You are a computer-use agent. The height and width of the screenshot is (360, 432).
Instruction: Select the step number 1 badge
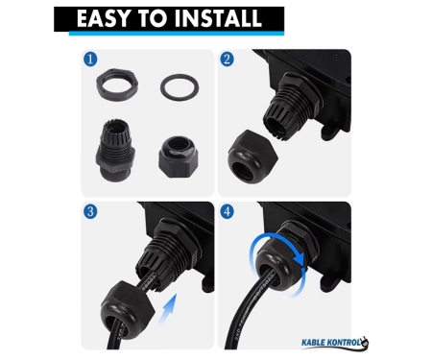(x=90, y=60)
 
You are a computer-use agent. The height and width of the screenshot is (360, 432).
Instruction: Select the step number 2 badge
(x=227, y=60)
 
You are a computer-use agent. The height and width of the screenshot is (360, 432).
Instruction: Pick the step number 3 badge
(x=90, y=212)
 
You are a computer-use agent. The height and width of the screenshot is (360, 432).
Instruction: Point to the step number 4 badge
(x=227, y=212)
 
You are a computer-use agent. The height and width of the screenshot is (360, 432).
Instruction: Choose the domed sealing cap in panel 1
(x=179, y=156)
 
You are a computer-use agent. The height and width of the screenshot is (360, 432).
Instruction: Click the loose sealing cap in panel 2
(x=252, y=156)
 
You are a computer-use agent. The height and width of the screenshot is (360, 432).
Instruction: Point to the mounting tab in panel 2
(x=329, y=132)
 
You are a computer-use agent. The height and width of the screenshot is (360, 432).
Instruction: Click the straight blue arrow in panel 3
(x=168, y=309)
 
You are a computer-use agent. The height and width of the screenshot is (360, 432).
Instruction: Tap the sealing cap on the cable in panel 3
(x=128, y=306)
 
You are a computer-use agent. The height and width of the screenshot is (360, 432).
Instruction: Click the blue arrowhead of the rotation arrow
(x=300, y=258)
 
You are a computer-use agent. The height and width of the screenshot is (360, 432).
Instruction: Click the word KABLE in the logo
(x=313, y=343)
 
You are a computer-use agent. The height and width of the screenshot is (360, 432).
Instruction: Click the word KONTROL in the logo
(x=343, y=343)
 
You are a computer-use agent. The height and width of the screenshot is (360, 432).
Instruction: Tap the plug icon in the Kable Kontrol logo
(x=365, y=342)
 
